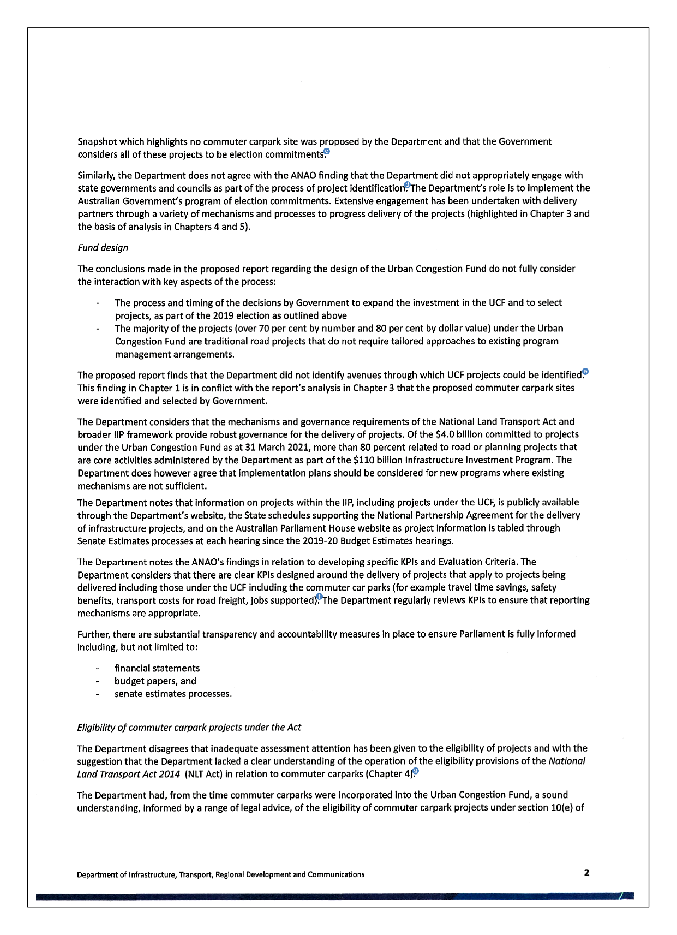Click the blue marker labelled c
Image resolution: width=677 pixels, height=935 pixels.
coord(326,152)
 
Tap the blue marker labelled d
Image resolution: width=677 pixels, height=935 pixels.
coord(407,185)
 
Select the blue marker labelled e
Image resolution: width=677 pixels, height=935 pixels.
coord(585,372)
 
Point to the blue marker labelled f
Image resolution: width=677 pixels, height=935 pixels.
coord(320,597)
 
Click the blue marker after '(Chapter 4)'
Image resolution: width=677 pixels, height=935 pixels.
coord(416,771)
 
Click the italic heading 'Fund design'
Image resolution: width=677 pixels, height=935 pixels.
coord(103,248)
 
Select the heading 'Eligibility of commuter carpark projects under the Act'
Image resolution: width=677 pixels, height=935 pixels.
coord(189,728)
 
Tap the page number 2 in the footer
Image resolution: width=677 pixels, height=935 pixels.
coord(586,873)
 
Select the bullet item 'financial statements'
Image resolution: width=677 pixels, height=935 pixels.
coord(157,669)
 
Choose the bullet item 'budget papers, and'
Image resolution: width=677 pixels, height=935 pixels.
coord(155,681)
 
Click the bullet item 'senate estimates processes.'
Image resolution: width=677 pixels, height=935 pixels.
coord(173,694)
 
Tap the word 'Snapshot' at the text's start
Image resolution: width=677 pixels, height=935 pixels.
coord(97,142)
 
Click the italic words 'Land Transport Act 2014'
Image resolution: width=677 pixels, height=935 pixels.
coord(128,774)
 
